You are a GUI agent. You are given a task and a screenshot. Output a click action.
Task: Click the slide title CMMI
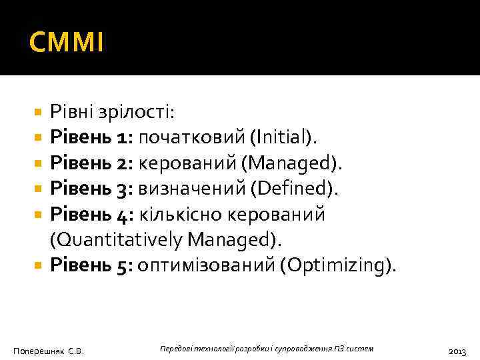(67, 44)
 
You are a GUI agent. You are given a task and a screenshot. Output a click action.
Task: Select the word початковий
(192, 137)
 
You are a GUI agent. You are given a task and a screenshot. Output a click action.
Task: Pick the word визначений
(191, 189)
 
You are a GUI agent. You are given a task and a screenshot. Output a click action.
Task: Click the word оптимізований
(206, 265)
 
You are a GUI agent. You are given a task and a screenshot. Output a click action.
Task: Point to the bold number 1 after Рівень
(123, 137)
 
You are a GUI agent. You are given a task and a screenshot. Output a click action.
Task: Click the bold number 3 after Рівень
(125, 189)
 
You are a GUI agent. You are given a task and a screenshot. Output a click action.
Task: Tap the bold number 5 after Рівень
(124, 265)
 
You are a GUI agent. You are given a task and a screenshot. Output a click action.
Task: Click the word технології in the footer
(209, 349)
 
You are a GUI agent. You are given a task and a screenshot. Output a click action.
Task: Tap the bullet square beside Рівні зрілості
(38, 112)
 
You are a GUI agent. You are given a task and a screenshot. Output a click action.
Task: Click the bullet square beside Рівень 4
(38, 215)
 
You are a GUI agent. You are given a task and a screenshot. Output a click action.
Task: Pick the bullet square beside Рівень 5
(38, 265)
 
